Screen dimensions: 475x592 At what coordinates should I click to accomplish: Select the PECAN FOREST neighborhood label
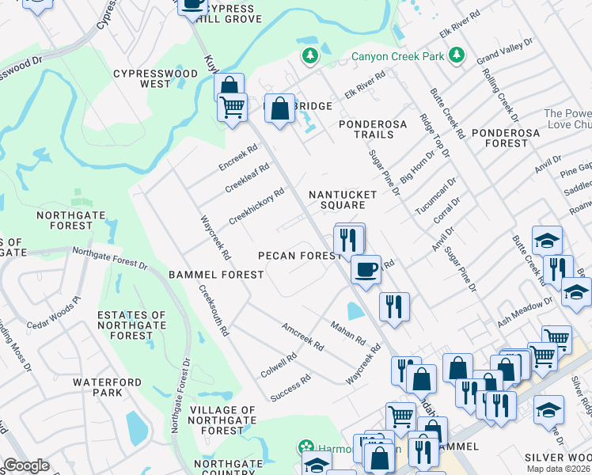coord(300,256)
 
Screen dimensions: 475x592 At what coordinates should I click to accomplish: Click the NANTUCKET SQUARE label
coord(337,199)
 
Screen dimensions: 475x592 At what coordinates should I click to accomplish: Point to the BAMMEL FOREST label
coord(215,275)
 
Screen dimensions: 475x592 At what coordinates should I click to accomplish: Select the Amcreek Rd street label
coord(303,336)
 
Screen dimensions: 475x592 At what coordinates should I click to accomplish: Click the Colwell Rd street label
coord(279,365)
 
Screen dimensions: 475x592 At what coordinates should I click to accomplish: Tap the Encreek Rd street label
coord(238,157)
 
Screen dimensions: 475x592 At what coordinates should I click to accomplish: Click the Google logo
coord(26,465)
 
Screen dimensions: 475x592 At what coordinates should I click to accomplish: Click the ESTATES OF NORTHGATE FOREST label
coord(131,325)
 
